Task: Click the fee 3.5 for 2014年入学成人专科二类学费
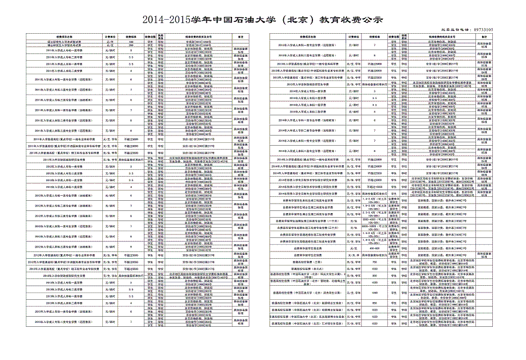(375, 98)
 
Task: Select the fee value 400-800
(375, 247)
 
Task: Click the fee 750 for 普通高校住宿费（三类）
(375, 262)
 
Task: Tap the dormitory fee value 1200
(375, 293)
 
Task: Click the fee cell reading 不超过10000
(375, 185)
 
